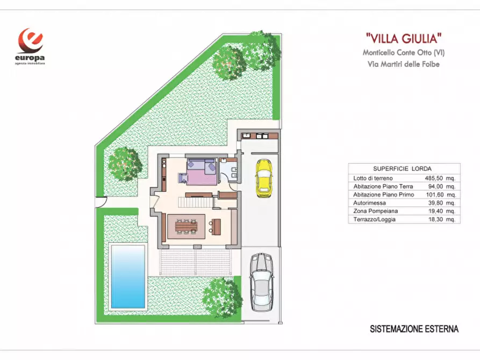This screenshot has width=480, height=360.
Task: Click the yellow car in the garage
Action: pos(263,177)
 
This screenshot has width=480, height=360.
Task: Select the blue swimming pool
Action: pos(128,276)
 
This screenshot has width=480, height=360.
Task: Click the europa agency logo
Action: pos(30,46)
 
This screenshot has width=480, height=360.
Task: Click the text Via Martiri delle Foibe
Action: pos(404,64)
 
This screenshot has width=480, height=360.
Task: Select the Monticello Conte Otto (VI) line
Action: pos(404,53)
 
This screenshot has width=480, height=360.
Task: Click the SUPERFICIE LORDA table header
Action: pos(403,168)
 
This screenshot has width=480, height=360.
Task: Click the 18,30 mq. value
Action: pos(442,220)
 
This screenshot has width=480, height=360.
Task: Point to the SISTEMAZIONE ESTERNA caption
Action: pos(414,329)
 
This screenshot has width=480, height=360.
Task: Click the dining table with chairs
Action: pos(187,226)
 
